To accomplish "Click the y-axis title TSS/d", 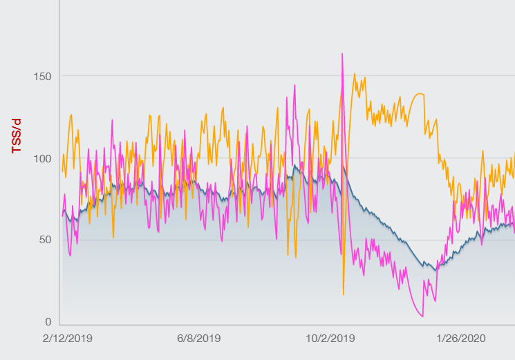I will click(17, 136).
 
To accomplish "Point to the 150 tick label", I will click(43, 75).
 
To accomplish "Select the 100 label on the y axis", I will click(43, 158).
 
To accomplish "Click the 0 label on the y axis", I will click(48, 322).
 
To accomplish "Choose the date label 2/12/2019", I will click(67, 339).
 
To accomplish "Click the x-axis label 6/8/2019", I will click(199, 339).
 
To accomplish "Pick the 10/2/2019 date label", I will click(331, 339).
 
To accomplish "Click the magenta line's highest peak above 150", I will click(342, 54).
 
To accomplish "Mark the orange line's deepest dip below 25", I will click(344, 294).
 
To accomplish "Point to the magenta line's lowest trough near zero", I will click(422, 316).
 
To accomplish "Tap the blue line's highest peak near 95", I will click(295, 166).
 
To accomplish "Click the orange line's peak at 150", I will click(355, 74).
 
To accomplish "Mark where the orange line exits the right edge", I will click(514, 155).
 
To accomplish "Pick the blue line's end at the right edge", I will click(514, 222).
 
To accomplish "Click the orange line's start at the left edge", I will click(63, 171).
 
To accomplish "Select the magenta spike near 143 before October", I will click(294, 85).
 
